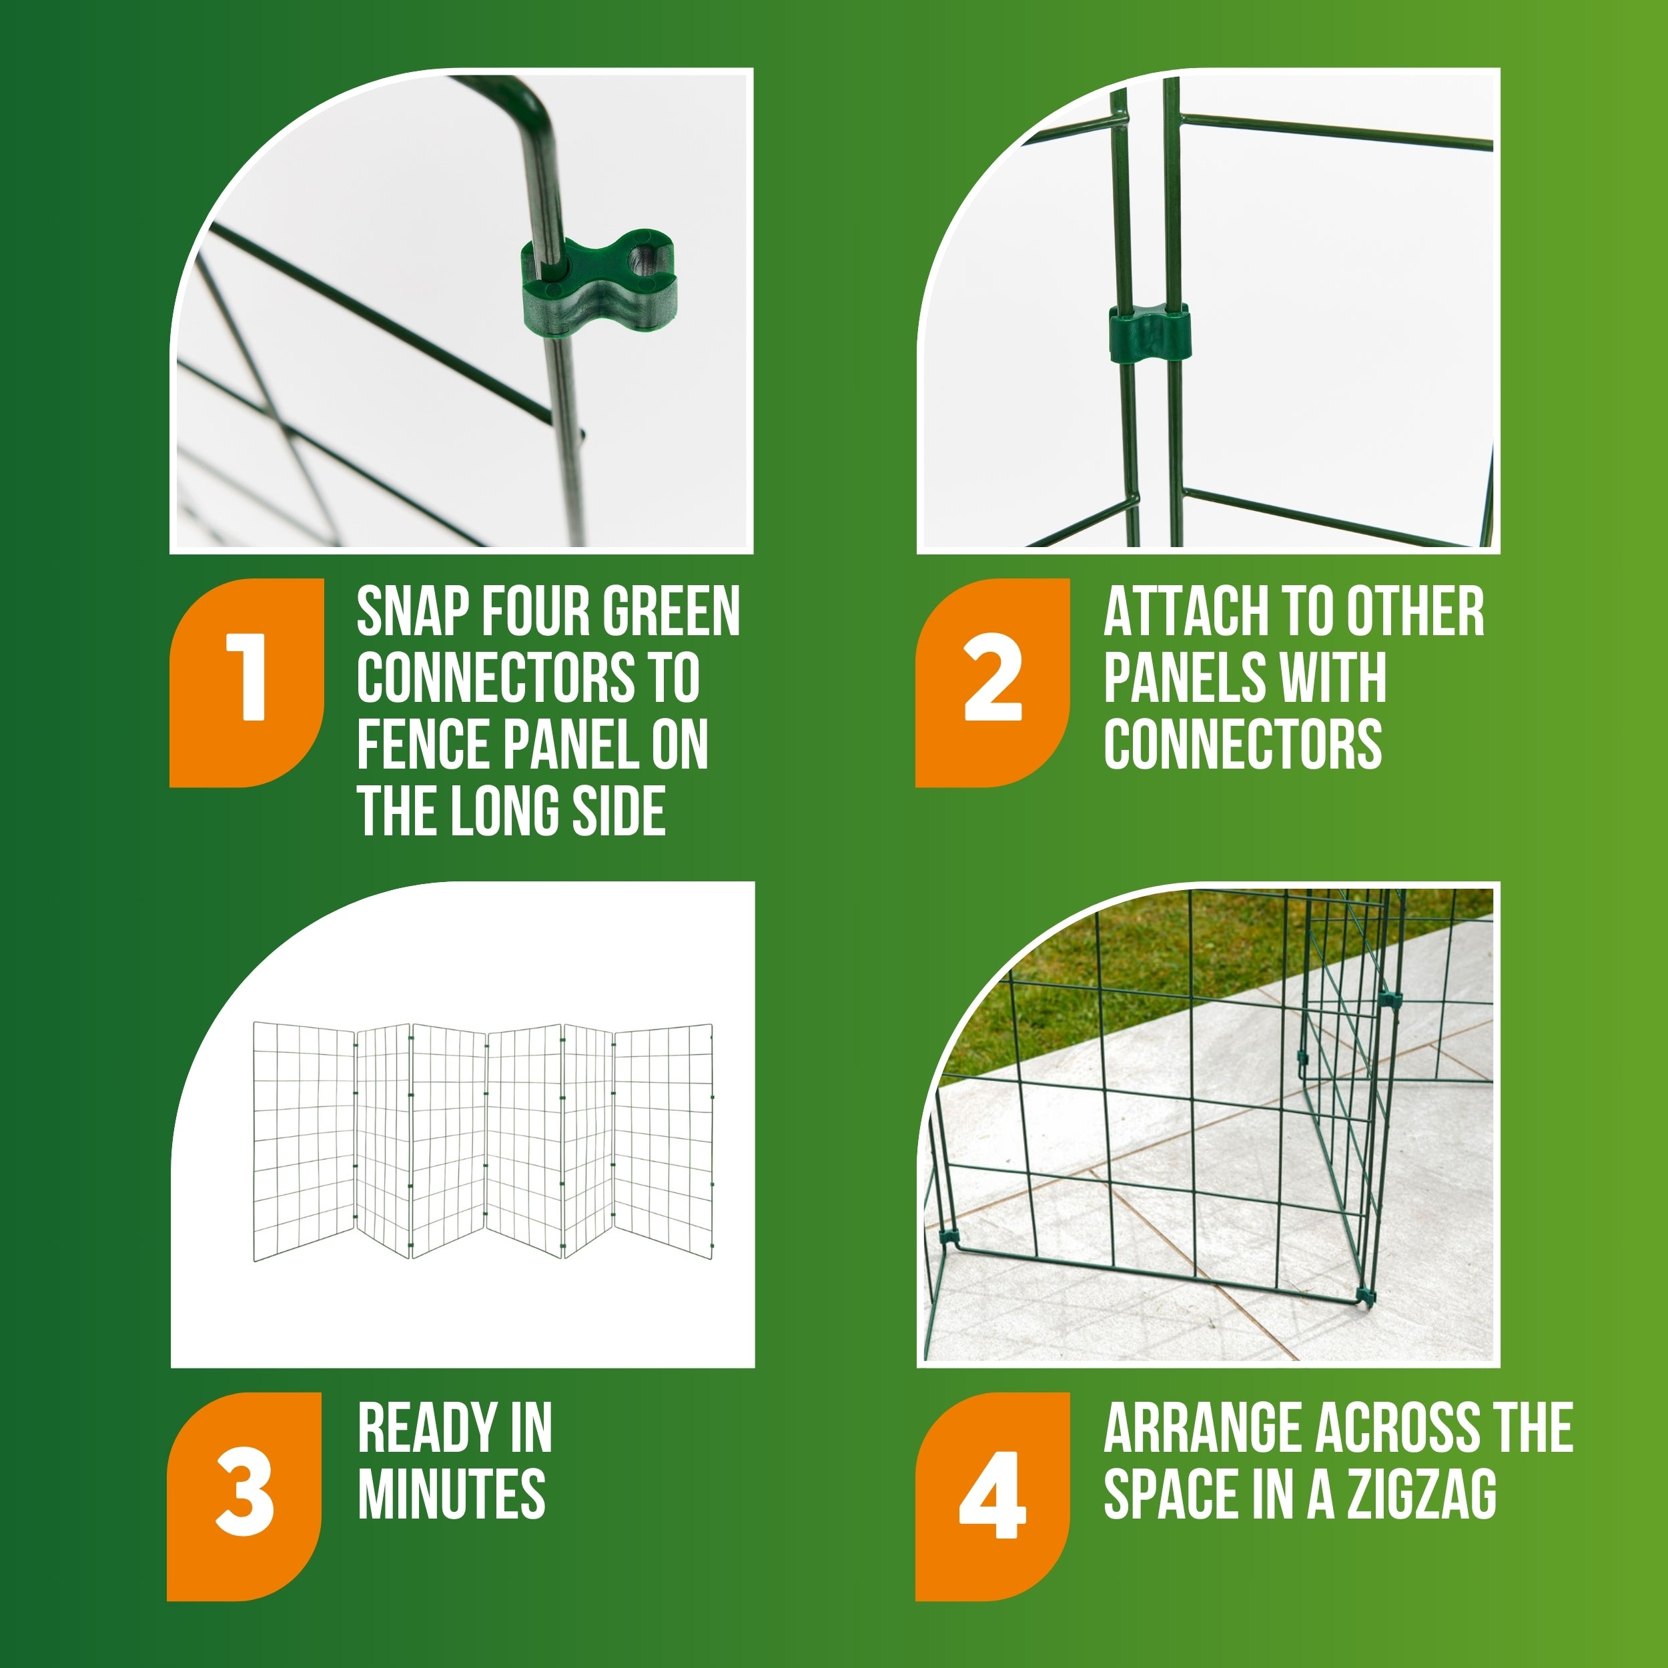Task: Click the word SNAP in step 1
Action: pos(411,612)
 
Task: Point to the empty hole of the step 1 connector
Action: pos(643,256)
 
